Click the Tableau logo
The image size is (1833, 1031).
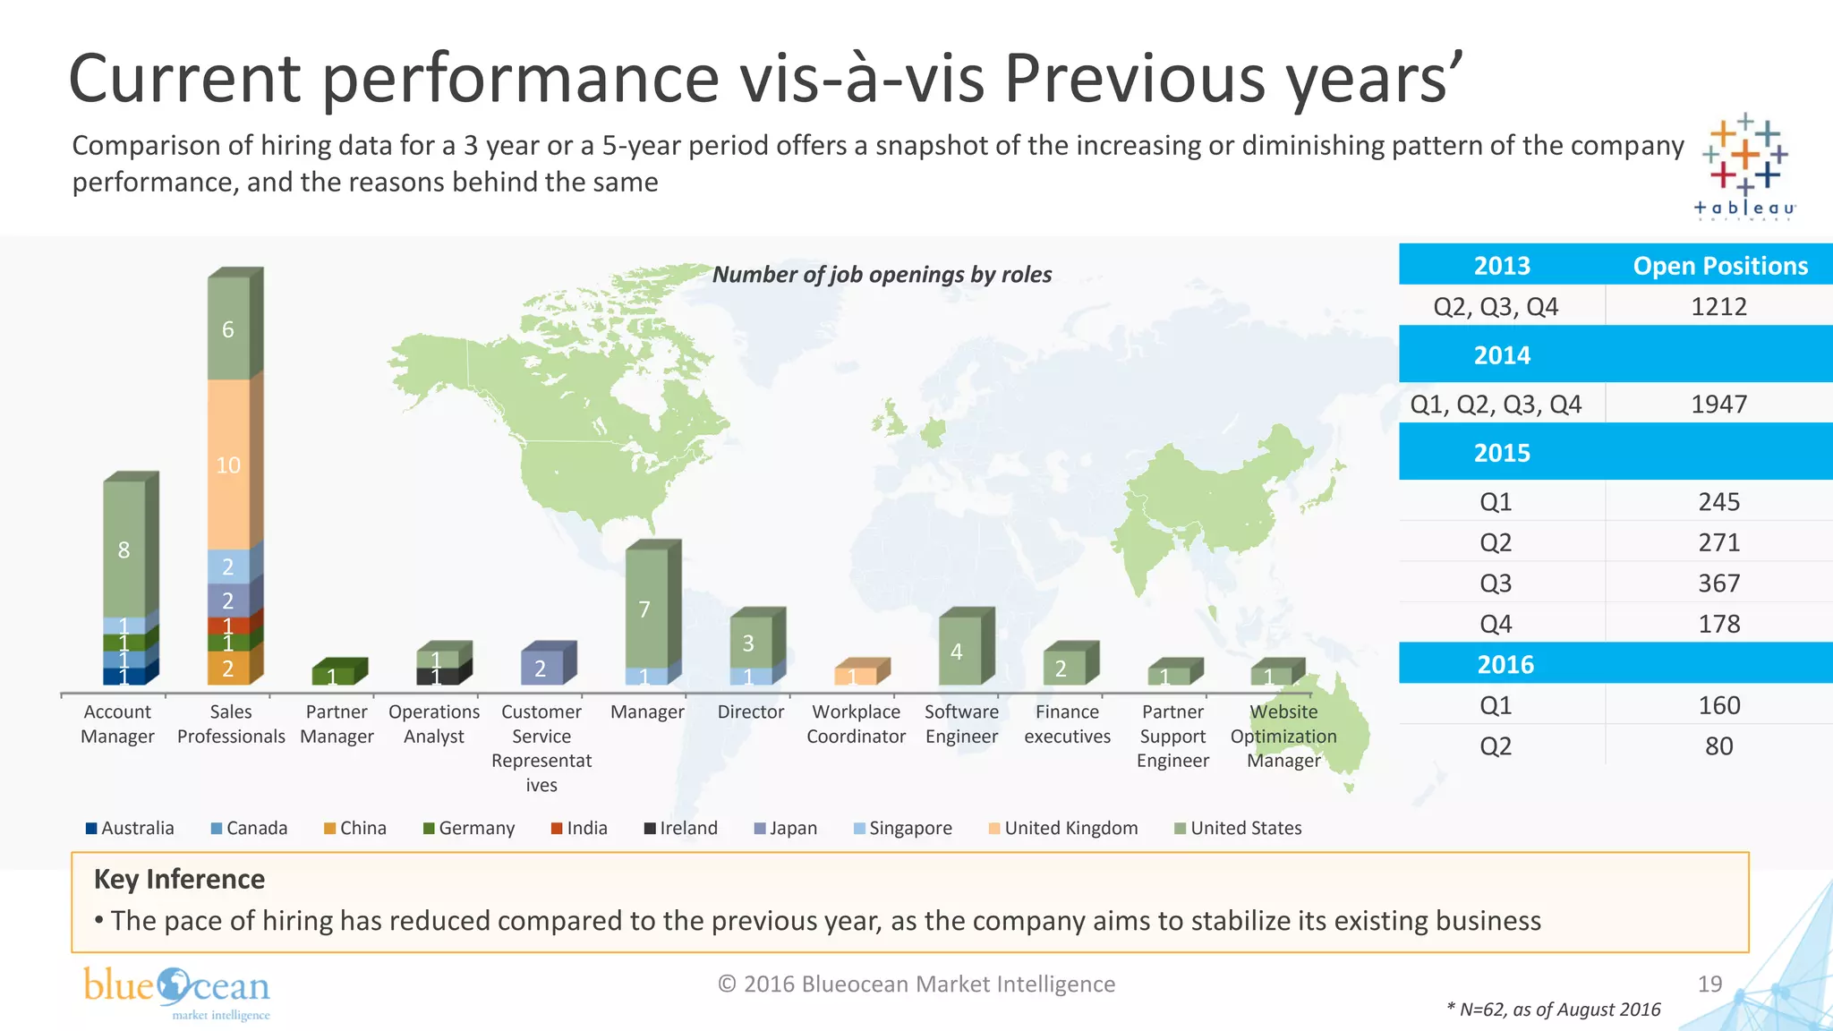(1744, 166)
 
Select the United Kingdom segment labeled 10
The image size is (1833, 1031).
(228, 464)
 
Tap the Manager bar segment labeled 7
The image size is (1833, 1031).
(645, 609)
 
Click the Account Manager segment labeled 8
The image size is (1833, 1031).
(124, 550)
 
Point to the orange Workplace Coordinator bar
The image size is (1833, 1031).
(855, 675)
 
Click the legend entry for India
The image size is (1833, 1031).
(579, 828)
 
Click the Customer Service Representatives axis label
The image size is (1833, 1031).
(541, 747)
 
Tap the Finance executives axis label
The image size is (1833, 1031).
(1067, 723)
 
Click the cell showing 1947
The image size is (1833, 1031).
(1718, 404)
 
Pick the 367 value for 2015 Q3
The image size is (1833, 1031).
(1718, 583)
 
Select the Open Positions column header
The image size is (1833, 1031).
(1719, 265)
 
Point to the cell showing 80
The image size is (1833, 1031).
(1718, 746)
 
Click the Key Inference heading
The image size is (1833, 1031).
(179, 879)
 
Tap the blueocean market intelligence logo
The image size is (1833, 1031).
(176, 992)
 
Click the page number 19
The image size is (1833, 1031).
(1709, 984)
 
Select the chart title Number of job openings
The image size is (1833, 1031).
(882, 274)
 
